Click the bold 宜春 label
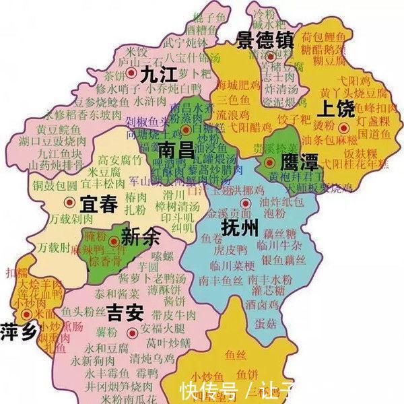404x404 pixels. click(99, 203)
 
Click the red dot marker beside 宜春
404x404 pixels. click(69, 202)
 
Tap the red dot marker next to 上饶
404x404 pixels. click(343, 127)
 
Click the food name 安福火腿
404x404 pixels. click(165, 329)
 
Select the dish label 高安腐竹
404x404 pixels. click(120, 160)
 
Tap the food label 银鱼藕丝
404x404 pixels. click(277, 261)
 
